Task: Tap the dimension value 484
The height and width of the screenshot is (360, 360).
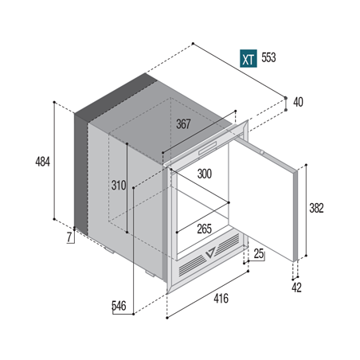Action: click(43, 162)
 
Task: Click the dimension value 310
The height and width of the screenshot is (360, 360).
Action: click(119, 186)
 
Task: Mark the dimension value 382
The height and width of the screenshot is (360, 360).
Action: click(316, 209)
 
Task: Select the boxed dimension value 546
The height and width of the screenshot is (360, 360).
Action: click(119, 305)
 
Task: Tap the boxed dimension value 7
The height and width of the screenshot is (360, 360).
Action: click(69, 237)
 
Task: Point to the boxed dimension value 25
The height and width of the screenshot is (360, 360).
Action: click(259, 254)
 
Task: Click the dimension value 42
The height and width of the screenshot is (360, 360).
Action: click(296, 287)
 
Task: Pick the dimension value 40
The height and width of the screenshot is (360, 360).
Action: click(298, 102)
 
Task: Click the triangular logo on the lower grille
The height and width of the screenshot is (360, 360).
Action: click(209, 254)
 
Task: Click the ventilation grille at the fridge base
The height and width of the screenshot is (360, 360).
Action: click(209, 263)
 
